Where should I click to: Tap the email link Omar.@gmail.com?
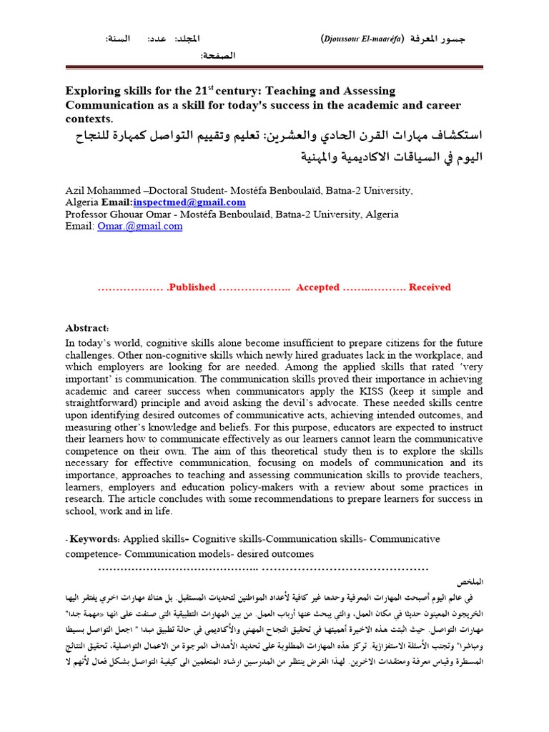coord(140,226)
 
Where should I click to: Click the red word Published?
coord(191,287)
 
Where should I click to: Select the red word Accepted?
coord(317,287)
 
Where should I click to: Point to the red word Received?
coord(430,287)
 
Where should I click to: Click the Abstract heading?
coord(86,327)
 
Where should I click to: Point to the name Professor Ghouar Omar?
coord(116,214)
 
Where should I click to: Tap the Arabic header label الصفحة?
coord(217,55)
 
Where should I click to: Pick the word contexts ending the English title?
coord(89,118)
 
